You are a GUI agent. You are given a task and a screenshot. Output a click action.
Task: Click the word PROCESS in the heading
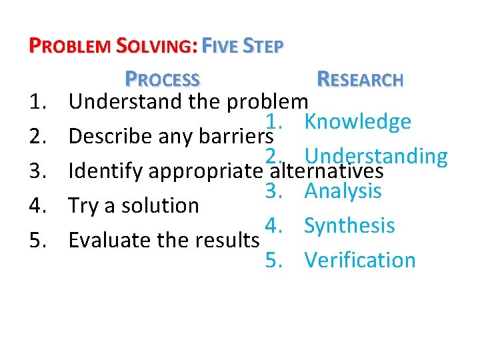[x=163, y=79]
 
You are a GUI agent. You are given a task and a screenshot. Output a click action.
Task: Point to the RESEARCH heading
[x=360, y=79]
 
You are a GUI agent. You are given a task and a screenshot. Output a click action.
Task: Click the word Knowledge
[x=357, y=121]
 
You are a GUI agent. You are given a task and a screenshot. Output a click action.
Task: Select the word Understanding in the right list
[x=376, y=155]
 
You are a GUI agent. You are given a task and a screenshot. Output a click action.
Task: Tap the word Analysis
[x=343, y=191]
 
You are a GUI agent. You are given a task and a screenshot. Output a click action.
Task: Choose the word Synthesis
[x=349, y=225]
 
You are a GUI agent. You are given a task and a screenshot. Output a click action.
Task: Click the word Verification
[x=360, y=260]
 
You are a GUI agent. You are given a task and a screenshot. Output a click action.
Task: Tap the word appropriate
[x=203, y=172]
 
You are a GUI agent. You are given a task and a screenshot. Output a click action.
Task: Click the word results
[x=227, y=239]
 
